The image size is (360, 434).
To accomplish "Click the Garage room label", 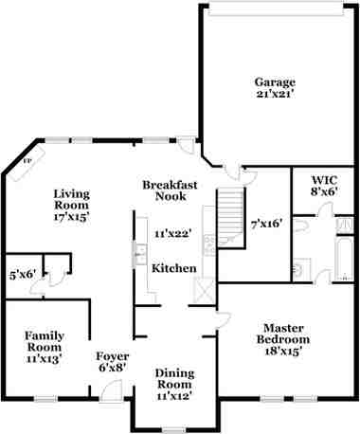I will click(x=275, y=81).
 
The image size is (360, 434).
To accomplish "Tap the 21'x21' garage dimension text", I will click(x=275, y=95).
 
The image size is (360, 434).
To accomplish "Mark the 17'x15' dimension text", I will click(x=72, y=217).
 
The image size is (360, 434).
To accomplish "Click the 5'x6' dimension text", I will click(x=22, y=274).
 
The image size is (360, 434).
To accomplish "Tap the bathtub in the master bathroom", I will click(x=338, y=257).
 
